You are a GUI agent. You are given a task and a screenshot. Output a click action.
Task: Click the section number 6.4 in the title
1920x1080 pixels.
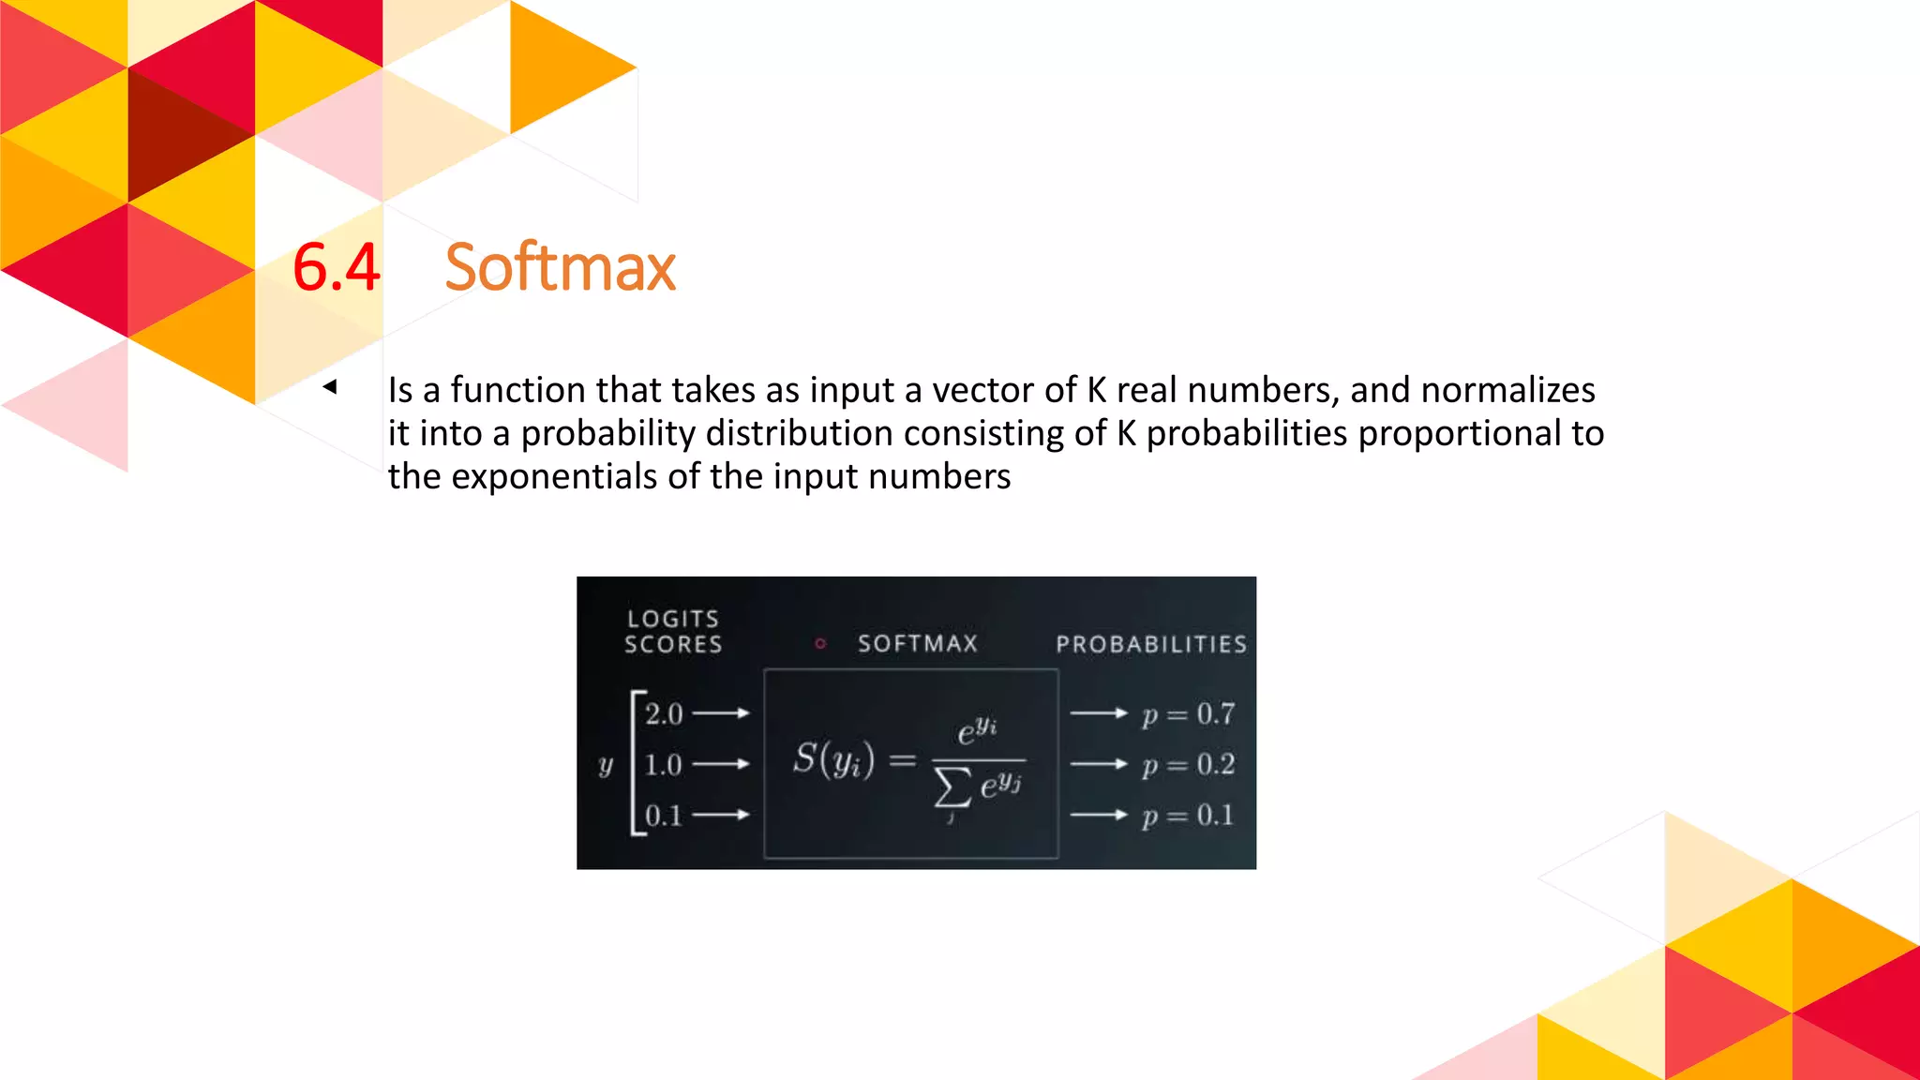click(x=336, y=267)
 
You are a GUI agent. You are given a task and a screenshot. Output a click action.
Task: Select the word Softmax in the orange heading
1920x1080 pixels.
click(x=560, y=267)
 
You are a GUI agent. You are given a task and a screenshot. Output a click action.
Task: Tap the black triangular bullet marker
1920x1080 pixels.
click(x=330, y=386)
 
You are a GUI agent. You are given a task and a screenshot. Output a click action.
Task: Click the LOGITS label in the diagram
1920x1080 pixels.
click(x=673, y=619)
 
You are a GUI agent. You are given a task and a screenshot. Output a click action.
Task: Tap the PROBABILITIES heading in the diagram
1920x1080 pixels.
click(x=1151, y=644)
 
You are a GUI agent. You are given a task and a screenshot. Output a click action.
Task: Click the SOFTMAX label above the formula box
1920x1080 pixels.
click(x=918, y=643)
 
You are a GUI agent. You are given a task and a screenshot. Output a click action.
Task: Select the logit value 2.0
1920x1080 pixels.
click(x=664, y=713)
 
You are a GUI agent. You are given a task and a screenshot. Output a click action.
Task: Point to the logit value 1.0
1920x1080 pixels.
click(x=664, y=764)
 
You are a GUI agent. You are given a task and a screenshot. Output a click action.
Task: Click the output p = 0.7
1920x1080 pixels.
click(x=1188, y=714)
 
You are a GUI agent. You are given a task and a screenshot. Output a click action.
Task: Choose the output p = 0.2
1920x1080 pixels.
click(x=1188, y=765)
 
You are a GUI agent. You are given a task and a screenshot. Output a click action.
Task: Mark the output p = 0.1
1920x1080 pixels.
click(x=1188, y=816)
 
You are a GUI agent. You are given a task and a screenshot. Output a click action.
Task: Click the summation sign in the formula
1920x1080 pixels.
click(x=952, y=787)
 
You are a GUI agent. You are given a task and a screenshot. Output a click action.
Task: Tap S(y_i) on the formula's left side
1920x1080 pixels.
click(x=833, y=758)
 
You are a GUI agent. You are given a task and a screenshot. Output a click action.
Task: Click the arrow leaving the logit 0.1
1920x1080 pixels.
click(x=721, y=815)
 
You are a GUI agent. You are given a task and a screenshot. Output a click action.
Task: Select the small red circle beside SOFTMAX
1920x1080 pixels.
click(x=820, y=643)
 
